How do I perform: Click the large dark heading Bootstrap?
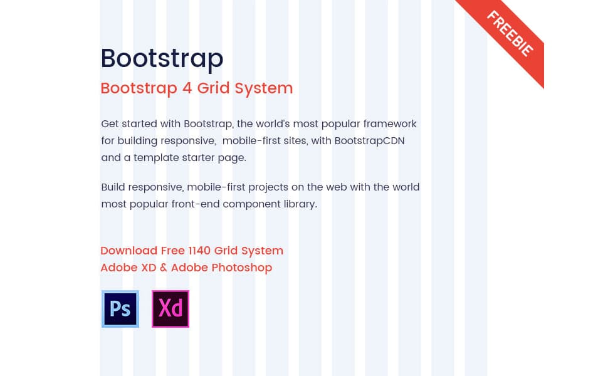(162, 59)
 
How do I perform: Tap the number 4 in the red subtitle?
(187, 88)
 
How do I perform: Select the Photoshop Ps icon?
(120, 308)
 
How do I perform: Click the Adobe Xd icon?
(170, 308)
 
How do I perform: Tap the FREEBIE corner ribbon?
(510, 34)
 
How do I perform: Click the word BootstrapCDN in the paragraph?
(369, 141)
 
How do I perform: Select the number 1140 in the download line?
(199, 251)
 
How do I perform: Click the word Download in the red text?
(129, 251)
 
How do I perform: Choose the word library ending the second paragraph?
(300, 204)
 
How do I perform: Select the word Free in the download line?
(172, 251)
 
